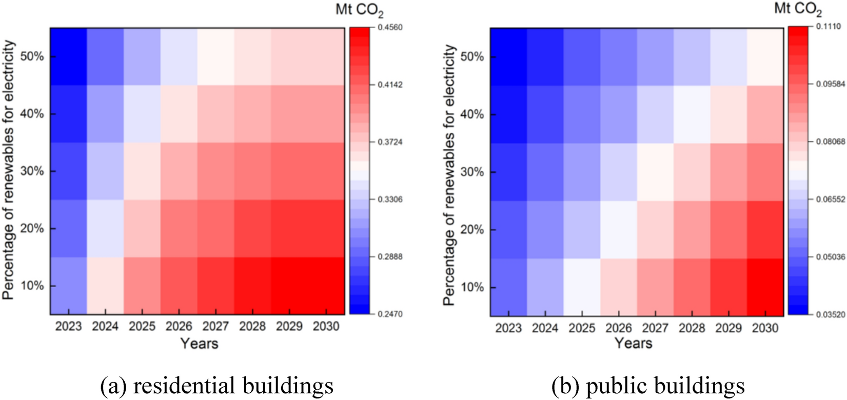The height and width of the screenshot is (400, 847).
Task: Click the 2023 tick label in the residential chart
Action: [x=68, y=326]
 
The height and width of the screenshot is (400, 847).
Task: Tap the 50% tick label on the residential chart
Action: [x=32, y=56]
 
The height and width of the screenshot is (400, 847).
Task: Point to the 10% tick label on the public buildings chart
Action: [x=472, y=287]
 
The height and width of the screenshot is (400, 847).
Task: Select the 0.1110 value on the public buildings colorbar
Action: [x=830, y=26]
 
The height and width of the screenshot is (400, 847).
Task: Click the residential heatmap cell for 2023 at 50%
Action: [x=68, y=56]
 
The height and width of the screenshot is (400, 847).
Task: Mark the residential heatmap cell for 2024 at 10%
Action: [x=105, y=286]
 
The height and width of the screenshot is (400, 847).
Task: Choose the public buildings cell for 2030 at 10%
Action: [x=765, y=287]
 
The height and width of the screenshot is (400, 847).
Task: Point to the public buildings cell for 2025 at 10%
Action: [x=582, y=287]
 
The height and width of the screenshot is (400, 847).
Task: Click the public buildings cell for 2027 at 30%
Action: [x=655, y=172]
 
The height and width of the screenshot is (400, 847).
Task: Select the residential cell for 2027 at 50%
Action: [x=216, y=56]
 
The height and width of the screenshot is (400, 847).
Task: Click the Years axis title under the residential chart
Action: [x=199, y=343]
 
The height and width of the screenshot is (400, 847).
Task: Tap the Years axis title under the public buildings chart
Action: [x=633, y=343]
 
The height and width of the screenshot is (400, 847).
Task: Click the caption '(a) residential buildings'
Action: [x=217, y=385]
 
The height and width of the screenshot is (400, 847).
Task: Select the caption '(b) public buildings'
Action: [x=648, y=385]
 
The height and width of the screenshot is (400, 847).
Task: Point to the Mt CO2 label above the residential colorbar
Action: [x=359, y=10]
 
